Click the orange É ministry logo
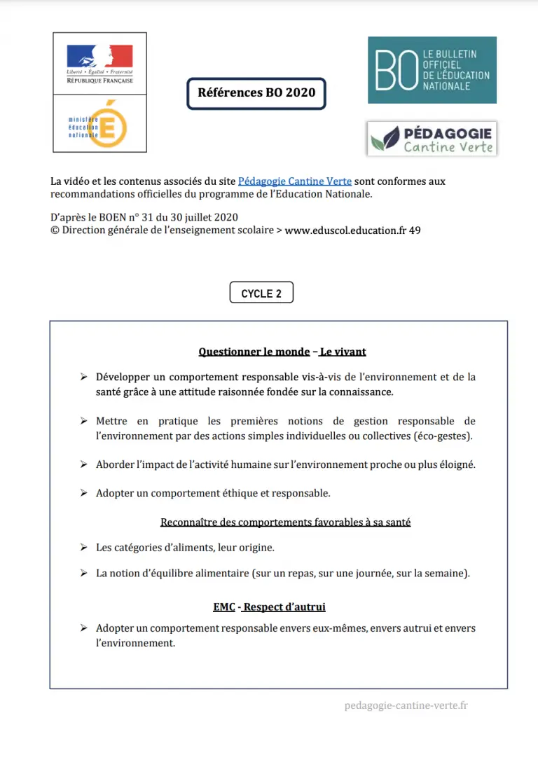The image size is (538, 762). [x=109, y=124]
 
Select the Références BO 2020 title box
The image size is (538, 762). [x=256, y=93]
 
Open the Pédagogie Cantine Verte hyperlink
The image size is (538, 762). [x=295, y=181]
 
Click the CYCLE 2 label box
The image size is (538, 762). [x=261, y=293]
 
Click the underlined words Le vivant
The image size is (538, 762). [x=343, y=352]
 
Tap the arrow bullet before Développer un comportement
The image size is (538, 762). [x=83, y=377]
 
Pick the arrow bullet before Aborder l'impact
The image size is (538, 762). [x=83, y=464]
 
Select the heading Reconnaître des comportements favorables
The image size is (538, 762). [x=285, y=522]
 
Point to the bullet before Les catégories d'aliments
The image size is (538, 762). [x=83, y=547]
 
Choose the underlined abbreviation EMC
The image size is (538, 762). [x=224, y=607]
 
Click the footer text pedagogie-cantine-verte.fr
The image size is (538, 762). [x=406, y=705]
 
